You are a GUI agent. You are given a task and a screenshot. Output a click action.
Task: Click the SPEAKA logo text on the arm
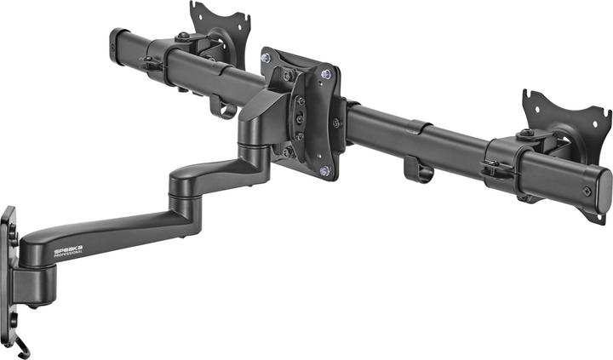[x=67, y=249]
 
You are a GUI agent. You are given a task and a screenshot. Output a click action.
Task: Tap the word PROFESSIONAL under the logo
[x=68, y=254]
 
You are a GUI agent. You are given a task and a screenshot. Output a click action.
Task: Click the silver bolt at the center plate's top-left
[x=266, y=58]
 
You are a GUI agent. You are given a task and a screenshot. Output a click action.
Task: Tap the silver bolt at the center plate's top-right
[x=324, y=74]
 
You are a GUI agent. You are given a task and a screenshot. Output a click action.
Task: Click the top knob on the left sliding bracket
[x=184, y=36]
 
